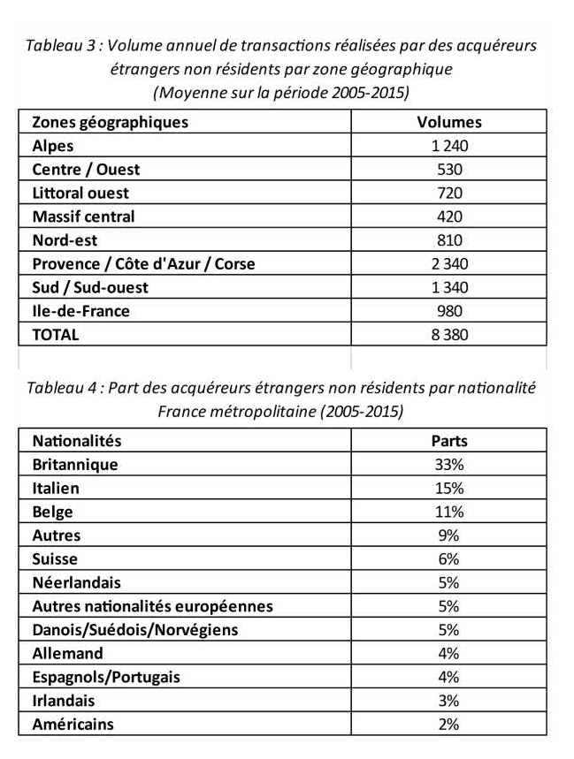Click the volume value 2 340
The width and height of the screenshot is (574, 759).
[x=449, y=263]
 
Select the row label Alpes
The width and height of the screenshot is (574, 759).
[x=53, y=146]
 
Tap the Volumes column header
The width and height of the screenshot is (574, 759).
[x=449, y=122]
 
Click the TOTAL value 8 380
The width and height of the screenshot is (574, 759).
[x=449, y=335]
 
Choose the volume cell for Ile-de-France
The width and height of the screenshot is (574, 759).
[x=449, y=311]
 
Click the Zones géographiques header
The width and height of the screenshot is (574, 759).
[x=110, y=122]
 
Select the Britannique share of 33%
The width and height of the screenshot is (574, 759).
[x=449, y=464]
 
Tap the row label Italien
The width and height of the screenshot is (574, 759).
[x=56, y=488]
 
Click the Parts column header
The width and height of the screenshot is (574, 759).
[x=449, y=440]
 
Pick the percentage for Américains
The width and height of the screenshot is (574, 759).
[x=449, y=725]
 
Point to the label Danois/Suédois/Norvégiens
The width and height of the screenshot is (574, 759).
[x=134, y=630]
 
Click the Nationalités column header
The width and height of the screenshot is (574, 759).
[x=76, y=440]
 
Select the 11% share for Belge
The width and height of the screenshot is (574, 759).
[x=449, y=512]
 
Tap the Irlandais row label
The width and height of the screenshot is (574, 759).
[x=63, y=701]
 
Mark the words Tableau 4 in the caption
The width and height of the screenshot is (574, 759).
[x=61, y=388]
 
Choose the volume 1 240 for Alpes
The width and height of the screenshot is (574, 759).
[x=449, y=146]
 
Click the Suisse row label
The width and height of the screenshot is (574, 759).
[x=54, y=559]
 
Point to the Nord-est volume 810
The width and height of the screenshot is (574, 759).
[x=449, y=240]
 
